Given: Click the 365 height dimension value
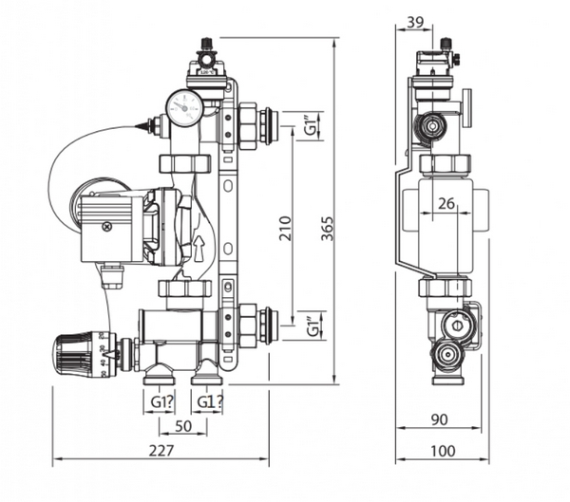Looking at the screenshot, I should pyautogui.click(x=327, y=229).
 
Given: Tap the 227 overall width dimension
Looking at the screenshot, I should pyautogui.click(x=161, y=451).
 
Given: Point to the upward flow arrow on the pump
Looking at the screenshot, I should pyautogui.click(x=199, y=250).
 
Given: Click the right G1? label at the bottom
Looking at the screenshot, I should pyautogui.click(x=211, y=401).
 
